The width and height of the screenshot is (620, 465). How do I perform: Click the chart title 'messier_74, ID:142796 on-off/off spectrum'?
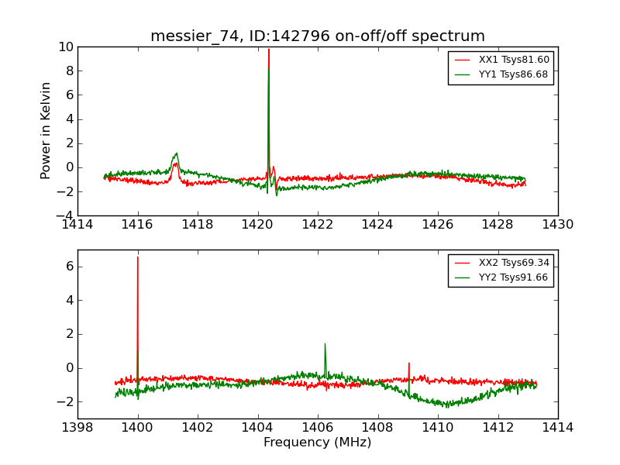(318, 36)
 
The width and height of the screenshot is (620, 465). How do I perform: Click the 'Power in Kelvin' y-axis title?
(46, 130)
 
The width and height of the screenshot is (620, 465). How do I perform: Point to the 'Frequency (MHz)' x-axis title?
(318, 443)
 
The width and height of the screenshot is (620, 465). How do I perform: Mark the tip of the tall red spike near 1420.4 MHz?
(269, 50)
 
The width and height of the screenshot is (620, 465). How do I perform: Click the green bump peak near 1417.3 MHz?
(177, 153)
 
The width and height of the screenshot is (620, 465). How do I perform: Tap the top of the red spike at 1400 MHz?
(138, 257)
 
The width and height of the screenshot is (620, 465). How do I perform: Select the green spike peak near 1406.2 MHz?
(325, 343)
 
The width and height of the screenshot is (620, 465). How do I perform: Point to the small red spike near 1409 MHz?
(408, 363)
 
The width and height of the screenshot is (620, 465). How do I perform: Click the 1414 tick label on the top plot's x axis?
(77, 225)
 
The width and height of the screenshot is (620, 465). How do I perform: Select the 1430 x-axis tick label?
(558, 225)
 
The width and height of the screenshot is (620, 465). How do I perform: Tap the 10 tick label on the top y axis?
(65, 47)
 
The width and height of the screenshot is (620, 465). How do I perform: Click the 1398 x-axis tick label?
(77, 428)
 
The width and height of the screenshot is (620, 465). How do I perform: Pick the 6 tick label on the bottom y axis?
(68, 266)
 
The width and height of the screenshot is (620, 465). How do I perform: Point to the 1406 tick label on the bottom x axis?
(318, 428)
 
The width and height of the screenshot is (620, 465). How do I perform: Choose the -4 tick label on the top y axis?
(64, 215)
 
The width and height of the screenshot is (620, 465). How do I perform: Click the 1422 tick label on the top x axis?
(318, 225)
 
